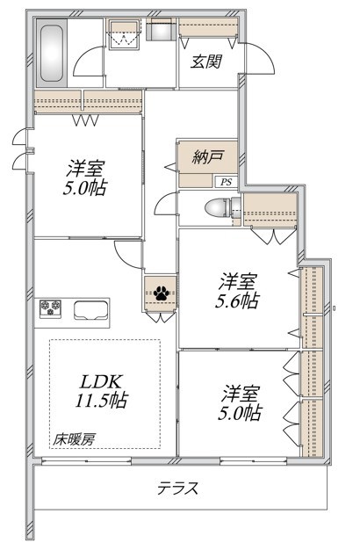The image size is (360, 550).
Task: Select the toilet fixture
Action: click(x=218, y=209)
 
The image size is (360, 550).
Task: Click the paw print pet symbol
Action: click(x=162, y=293)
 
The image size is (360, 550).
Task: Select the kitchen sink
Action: click(x=90, y=312)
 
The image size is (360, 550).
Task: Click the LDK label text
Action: click(x=99, y=383)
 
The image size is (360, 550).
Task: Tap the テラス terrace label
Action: click(x=178, y=488)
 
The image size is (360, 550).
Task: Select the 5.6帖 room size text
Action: click(x=238, y=301)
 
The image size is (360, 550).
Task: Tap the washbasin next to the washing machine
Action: click(x=160, y=33)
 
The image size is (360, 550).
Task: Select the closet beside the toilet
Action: click(x=270, y=212)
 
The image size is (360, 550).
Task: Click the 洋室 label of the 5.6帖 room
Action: click(x=238, y=281)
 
